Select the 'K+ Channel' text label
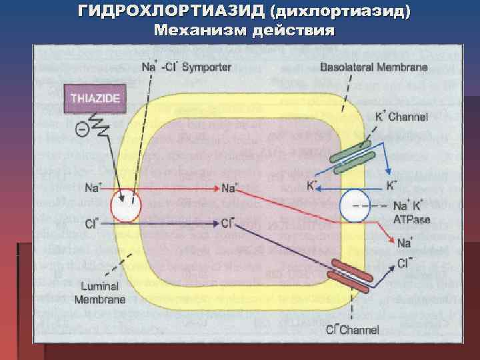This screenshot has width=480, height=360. [x=405, y=118]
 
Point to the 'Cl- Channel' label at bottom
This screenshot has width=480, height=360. [x=353, y=329]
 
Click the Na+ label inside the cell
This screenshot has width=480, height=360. [x=230, y=189]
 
